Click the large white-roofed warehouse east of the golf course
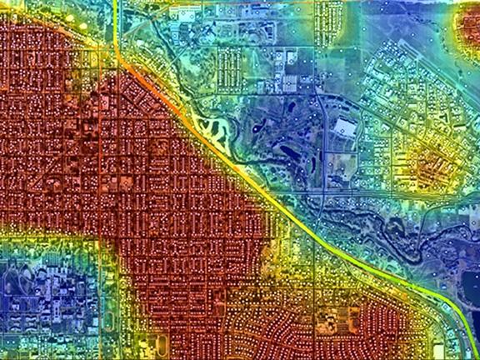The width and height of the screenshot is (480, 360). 344,127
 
